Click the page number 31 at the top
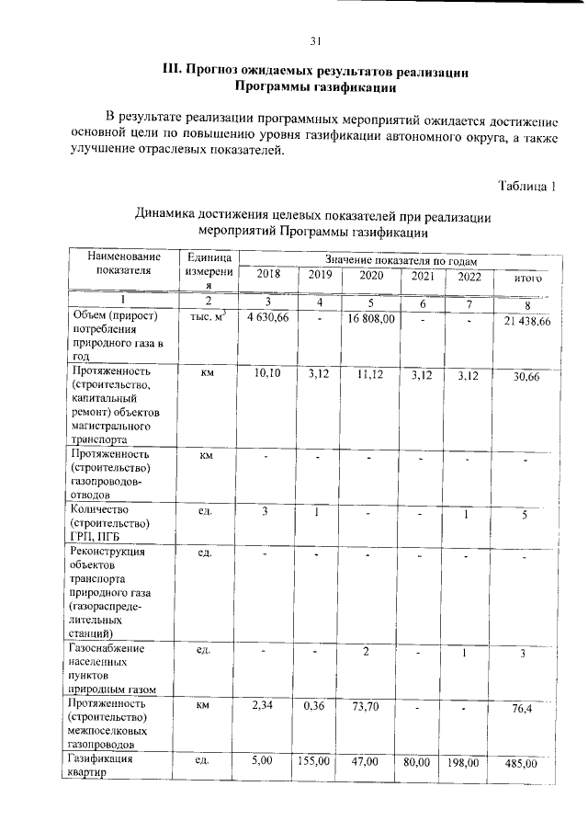314,40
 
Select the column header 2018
268,275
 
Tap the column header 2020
371,275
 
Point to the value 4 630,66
268,317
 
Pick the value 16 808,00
371,318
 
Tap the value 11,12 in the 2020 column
371,373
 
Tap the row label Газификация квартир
101,766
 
